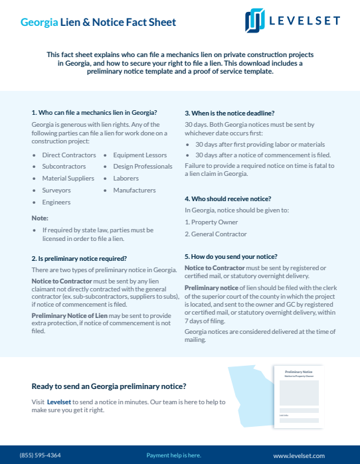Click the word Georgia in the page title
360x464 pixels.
pos(39,23)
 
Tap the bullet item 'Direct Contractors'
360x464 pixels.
pos(69,155)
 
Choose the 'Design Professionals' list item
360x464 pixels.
pos(143,167)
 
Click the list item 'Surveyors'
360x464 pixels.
pos(56,191)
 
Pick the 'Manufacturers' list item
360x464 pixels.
pos(134,191)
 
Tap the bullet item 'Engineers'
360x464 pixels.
pos(56,202)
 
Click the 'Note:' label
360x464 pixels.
pos(40,218)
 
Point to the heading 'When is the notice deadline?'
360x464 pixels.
pos(229,113)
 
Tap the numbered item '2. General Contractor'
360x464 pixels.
pos(216,234)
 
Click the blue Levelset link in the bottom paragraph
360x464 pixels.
pos(59,402)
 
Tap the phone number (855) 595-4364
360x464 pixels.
pos(40,455)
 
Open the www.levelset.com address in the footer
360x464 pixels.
pos(299,455)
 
